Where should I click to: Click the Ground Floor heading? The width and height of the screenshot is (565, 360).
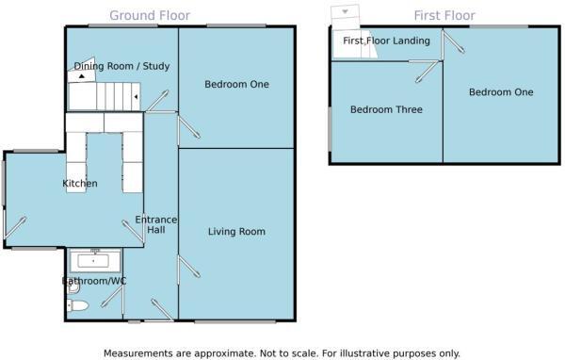pos(149,16)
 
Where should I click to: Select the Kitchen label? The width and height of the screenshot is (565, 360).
pos(80,183)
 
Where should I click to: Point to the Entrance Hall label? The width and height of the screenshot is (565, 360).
pos(155,224)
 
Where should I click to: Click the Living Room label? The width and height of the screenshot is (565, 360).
pos(235,231)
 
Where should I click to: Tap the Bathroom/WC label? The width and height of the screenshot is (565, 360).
pos(94,281)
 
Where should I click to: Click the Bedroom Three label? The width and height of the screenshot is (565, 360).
pos(386,110)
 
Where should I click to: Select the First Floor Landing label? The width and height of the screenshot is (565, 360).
pos(386,41)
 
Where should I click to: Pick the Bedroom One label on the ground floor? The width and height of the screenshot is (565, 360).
pos(236,85)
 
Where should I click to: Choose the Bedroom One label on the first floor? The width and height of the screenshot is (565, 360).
pos(501,92)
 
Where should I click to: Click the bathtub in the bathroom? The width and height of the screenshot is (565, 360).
pos(91,261)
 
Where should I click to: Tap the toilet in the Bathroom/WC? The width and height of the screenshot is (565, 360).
pos(77,304)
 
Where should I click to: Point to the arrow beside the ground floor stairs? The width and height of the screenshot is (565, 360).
pos(137,97)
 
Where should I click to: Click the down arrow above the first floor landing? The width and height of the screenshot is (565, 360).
pos(346,11)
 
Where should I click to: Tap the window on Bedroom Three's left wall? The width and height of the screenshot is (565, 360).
pos(330,126)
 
